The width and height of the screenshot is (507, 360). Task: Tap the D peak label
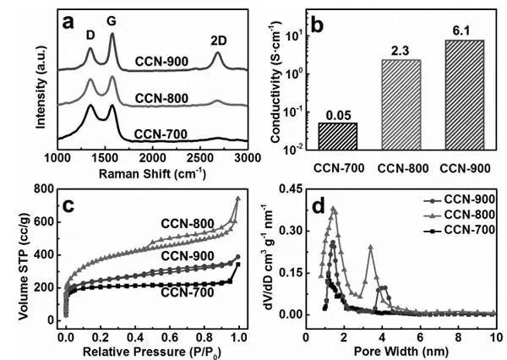point(90,38)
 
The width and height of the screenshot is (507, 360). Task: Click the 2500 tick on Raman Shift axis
point(199,157)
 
